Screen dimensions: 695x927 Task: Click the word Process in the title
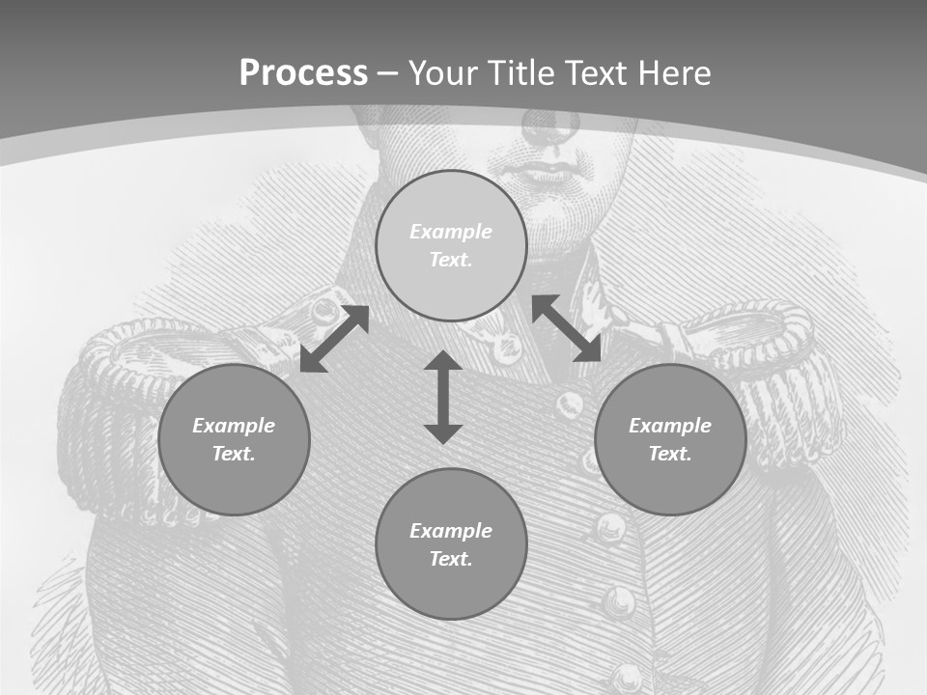click(x=303, y=73)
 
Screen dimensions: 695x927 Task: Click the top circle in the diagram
click(x=451, y=245)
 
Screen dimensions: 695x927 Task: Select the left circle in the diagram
click(x=234, y=439)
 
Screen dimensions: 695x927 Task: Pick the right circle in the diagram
click(x=670, y=439)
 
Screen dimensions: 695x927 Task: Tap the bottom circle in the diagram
click(x=451, y=544)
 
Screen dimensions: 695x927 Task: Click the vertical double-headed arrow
click(x=443, y=397)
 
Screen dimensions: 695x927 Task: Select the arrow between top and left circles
click(x=334, y=339)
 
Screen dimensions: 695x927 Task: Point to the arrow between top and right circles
click(x=567, y=329)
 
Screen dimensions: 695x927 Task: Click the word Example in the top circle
click(x=451, y=232)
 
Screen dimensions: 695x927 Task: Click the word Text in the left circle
click(x=234, y=454)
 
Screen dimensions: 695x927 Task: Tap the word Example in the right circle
click(x=670, y=426)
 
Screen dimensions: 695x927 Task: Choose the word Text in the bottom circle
click(x=451, y=559)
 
